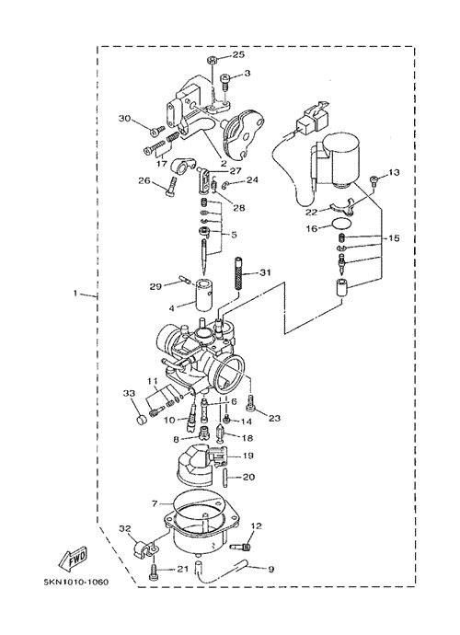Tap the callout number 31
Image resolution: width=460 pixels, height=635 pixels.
[x=265, y=272]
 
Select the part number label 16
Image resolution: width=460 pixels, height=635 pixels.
[x=311, y=229]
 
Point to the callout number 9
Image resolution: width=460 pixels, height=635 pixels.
[x=270, y=569]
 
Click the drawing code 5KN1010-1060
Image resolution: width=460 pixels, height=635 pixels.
[x=76, y=583]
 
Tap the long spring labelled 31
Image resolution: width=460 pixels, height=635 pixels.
[x=239, y=273]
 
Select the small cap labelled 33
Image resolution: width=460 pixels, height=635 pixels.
[x=142, y=421]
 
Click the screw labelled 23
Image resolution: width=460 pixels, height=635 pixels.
[x=250, y=403]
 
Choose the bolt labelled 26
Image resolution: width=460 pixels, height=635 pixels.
[x=172, y=186]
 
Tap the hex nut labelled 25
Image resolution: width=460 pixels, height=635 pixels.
[x=212, y=61]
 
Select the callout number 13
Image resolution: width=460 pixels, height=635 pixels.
[x=393, y=173]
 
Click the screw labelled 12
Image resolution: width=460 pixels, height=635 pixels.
[x=241, y=548]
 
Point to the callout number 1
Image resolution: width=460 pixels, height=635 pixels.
[x=75, y=293]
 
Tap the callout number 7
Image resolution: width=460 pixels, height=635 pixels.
[x=154, y=503]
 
